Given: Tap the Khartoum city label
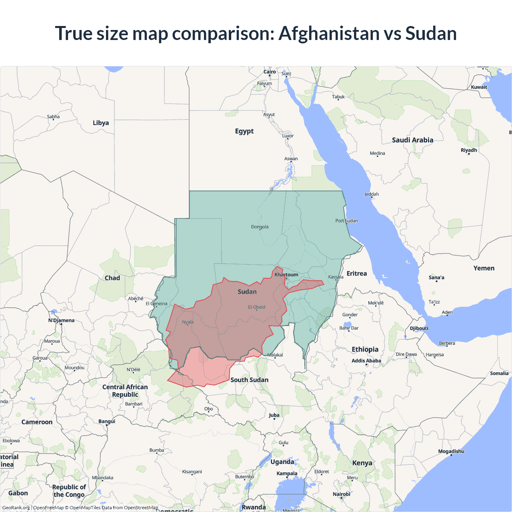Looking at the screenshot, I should coord(286,275).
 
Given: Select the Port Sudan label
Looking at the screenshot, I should coord(346,221).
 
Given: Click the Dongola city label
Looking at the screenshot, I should coord(260,227).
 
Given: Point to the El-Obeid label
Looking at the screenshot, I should coord(256,307).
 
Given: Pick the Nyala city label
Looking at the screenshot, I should coord(188,322).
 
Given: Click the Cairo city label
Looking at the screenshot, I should coord(270,72).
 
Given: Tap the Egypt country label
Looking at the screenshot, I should coord(244,131).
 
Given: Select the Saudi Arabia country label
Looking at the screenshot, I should coord(412,140).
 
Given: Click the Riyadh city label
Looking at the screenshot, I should coord(469,150).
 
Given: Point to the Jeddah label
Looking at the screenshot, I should coord(372,194).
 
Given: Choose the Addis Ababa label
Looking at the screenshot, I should coord(366,361).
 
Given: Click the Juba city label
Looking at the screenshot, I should coord(274,415).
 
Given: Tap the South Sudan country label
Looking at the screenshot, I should coord(249,380).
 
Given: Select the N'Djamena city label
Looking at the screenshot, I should coord(61,320).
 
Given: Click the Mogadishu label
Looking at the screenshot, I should coord(451,451).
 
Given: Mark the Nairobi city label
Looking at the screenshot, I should coord(341,494).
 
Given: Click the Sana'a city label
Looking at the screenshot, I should coord(436,278).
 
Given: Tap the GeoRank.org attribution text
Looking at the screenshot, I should coord(16,508).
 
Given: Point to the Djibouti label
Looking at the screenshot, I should coord(419,328).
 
